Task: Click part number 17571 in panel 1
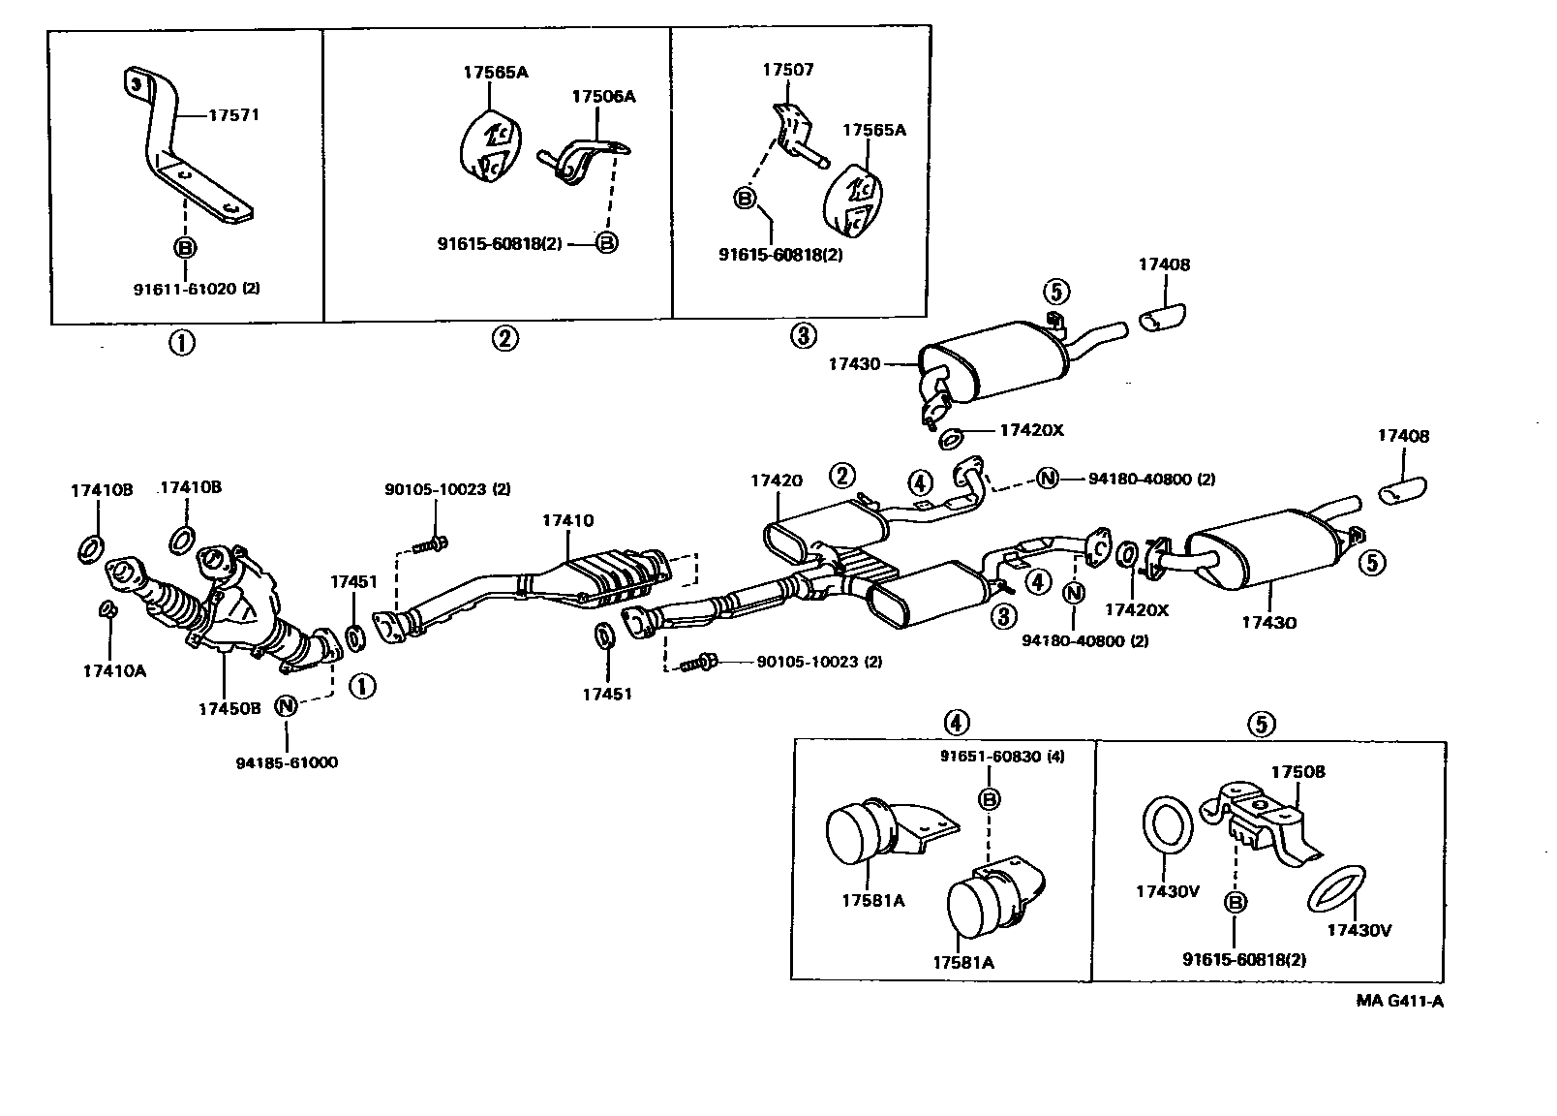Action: coord(234,114)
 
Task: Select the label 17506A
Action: coord(603,96)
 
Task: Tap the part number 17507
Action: coord(787,70)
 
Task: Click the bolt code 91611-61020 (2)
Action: coord(197,288)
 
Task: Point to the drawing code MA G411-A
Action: coord(1399,1001)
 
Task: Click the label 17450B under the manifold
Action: coord(229,708)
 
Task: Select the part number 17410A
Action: coord(114,669)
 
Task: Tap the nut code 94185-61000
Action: coord(287,762)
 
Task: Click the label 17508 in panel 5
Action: coord(1297,772)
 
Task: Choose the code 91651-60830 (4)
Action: coord(1001,756)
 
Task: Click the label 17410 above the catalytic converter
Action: coord(567,520)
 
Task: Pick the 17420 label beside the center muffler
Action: coord(776,480)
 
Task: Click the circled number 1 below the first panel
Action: coord(181,342)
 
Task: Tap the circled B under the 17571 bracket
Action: coord(184,247)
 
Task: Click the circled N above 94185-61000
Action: coord(287,705)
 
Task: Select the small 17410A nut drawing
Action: coord(109,608)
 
